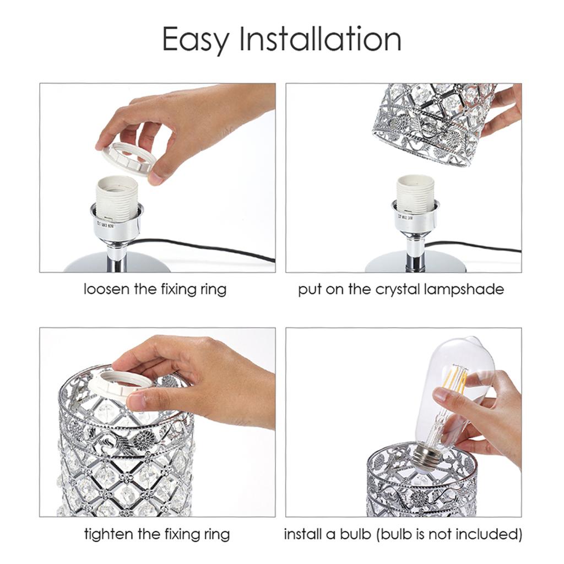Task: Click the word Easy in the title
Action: point(195,40)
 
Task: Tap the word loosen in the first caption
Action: point(107,289)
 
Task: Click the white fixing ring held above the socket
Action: point(129,156)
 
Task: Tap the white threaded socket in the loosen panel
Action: point(117,196)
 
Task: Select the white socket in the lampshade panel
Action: point(415,194)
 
